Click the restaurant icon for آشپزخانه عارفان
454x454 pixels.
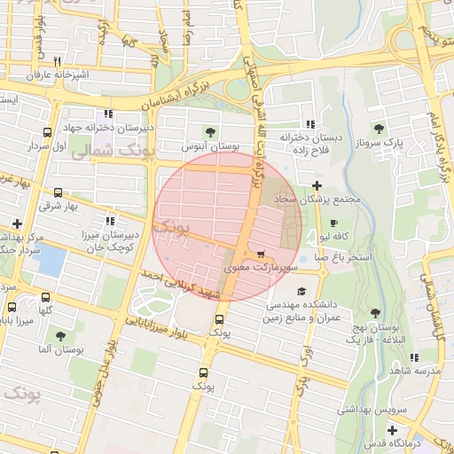(57, 62)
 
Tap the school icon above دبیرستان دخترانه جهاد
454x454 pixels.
(108, 113)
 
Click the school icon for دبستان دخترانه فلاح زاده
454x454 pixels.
(309, 124)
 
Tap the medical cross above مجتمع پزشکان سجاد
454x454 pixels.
(317, 185)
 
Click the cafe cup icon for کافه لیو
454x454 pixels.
(333, 223)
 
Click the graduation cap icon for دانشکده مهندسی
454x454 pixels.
(301, 291)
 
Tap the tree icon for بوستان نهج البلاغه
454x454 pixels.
(375, 313)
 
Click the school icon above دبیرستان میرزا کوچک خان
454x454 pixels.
(108, 221)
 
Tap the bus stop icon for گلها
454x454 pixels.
(45, 296)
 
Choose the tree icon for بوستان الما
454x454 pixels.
(60, 336)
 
